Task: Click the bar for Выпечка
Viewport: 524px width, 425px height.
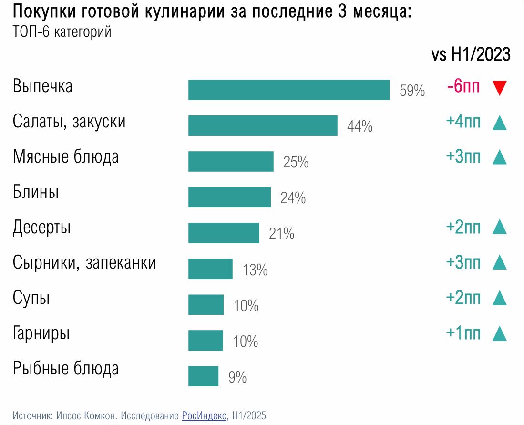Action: pyautogui.click(x=289, y=90)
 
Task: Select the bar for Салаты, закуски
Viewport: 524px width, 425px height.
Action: pyautogui.click(x=263, y=125)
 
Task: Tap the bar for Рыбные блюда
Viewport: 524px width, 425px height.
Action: pyautogui.click(x=203, y=376)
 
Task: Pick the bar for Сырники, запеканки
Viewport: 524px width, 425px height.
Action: pyautogui.click(x=210, y=269)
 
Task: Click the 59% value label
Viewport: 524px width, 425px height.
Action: pyautogui.click(x=412, y=91)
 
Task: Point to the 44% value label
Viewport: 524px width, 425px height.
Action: pyautogui.click(x=360, y=127)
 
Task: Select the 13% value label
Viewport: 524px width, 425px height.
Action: pyautogui.click(x=255, y=270)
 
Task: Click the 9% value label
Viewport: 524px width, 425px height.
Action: pyautogui.click(x=237, y=378)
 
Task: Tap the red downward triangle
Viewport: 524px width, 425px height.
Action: pyautogui.click(x=499, y=88)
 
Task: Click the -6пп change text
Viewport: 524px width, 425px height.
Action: pyautogui.click(x=463, y=86)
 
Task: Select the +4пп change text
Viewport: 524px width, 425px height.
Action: pyautogui.click(x=463, y=122)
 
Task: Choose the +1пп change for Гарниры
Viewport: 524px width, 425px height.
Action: pyautogui.click(x=463, y=332)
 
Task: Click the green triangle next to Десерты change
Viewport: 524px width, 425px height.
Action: pyautogui.click(x=499, y=227)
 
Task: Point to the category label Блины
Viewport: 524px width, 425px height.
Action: pyautogui.click(x=36, y=193)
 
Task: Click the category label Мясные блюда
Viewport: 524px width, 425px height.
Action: pyautogui.click(x=66, y=156)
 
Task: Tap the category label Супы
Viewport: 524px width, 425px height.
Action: pyautogui.click(x=31, y=298)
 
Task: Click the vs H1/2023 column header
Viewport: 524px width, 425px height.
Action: pyautogui.click(x=470, y=54)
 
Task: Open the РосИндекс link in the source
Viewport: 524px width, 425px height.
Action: pyautogui.click(x=204, y=415)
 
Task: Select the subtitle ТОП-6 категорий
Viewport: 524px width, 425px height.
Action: pyautogui.click(x=62, y=32)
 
